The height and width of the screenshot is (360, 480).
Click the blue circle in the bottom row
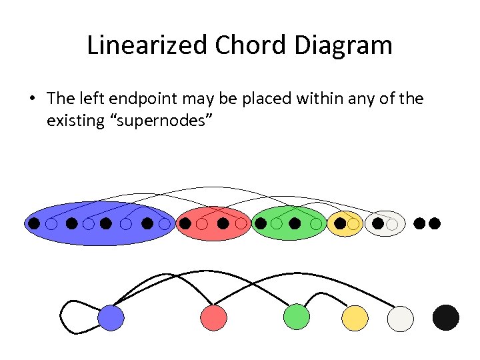coord(111,318)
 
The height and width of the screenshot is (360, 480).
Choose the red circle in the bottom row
coord(213,318)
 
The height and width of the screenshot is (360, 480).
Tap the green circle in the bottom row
coord(297,317)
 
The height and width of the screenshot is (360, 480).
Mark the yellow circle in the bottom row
coord(355,318)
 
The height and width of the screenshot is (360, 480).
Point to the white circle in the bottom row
coord(400,318)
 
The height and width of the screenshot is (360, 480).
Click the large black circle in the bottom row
coord(446,317)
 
